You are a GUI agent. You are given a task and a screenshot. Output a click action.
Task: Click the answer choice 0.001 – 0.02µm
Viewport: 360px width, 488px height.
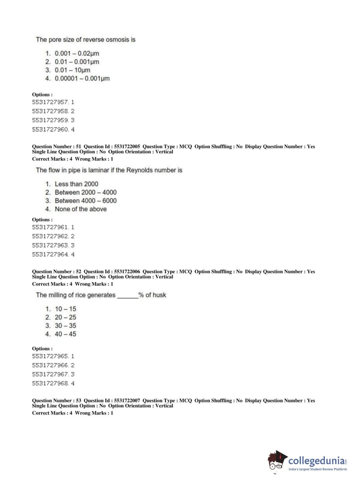[77, 53]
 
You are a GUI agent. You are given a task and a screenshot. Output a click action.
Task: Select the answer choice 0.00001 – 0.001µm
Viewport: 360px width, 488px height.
[82, 78]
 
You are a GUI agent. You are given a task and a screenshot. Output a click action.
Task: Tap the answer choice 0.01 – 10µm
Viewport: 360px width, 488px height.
[72, 70]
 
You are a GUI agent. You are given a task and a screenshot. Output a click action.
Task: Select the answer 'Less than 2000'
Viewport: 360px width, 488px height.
[76, 184]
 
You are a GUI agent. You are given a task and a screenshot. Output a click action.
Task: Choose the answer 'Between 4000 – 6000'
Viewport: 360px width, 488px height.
[86, 201]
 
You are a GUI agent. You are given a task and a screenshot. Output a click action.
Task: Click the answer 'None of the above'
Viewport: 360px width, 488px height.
[81, 209]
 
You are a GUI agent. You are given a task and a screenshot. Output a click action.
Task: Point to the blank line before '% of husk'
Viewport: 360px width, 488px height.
[127, 296]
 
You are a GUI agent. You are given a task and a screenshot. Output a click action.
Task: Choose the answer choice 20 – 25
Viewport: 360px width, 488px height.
[65, 317]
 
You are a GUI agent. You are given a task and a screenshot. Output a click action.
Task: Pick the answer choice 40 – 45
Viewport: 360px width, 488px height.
[65, 334]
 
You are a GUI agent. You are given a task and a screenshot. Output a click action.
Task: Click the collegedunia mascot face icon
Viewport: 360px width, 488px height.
[277, 461]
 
